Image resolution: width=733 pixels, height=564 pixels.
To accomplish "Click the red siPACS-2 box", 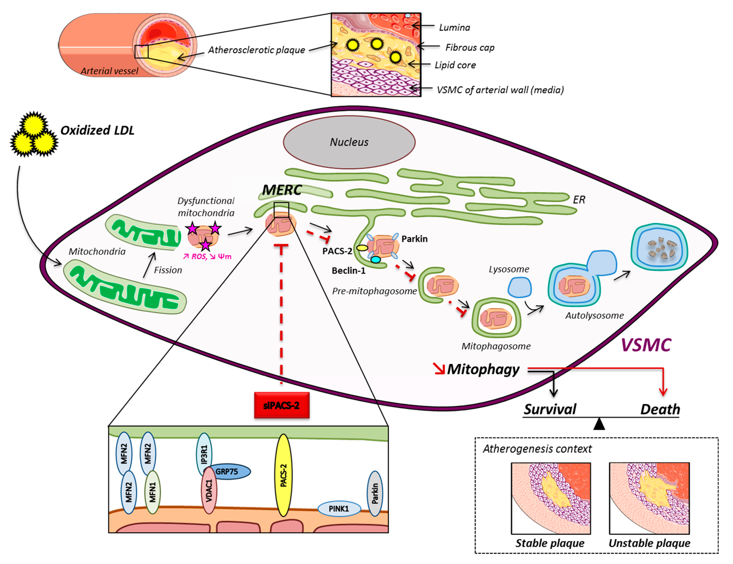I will click(282, 405).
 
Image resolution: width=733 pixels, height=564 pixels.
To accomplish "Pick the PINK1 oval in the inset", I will click(339, 509).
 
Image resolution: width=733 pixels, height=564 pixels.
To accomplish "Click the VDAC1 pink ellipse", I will click(209, 491).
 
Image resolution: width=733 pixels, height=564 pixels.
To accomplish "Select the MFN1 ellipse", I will click(152, 492).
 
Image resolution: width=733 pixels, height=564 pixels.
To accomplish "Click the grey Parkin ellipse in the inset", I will click(375, 493).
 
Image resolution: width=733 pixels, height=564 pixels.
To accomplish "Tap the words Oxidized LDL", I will click(97, 130).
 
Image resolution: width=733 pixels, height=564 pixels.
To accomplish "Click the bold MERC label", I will click(282, 190).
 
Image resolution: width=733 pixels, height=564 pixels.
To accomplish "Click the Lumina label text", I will click(454, 28).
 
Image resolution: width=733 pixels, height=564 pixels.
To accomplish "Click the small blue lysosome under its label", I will click(519, 287).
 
